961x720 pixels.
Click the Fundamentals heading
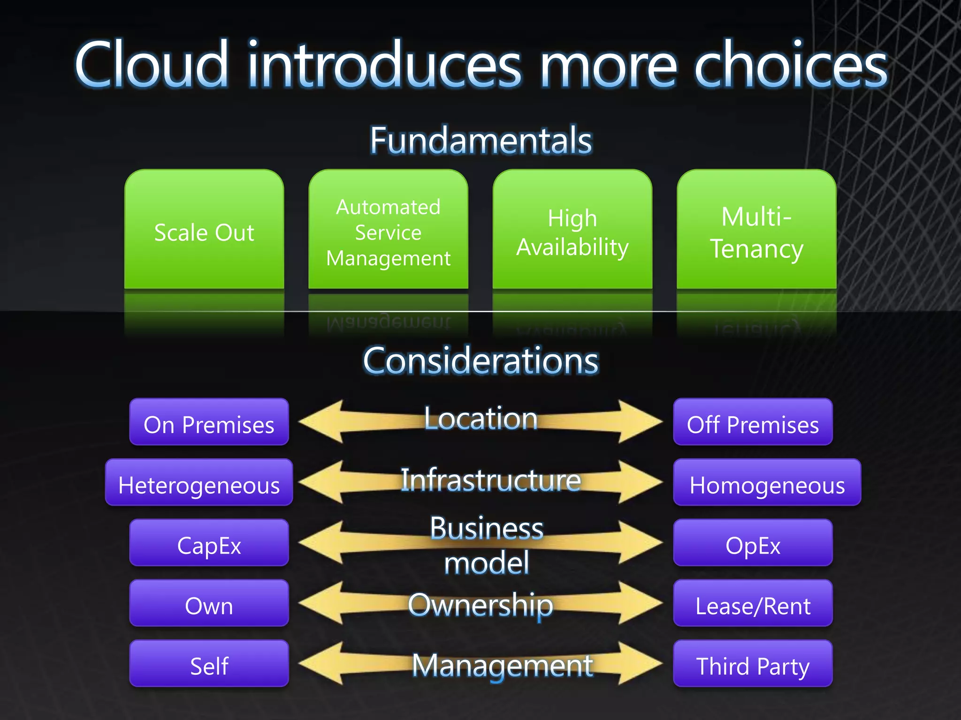pyautogui.click(x=481, y=140)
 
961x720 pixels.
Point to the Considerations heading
pyautogui.click(x=481, y=360)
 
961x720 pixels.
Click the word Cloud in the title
pyautogui.click(x=153, y=64)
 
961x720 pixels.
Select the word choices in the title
pyautogui.click(x=791, y=64)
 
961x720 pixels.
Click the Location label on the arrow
pyautogui.click(x=481, y=418)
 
